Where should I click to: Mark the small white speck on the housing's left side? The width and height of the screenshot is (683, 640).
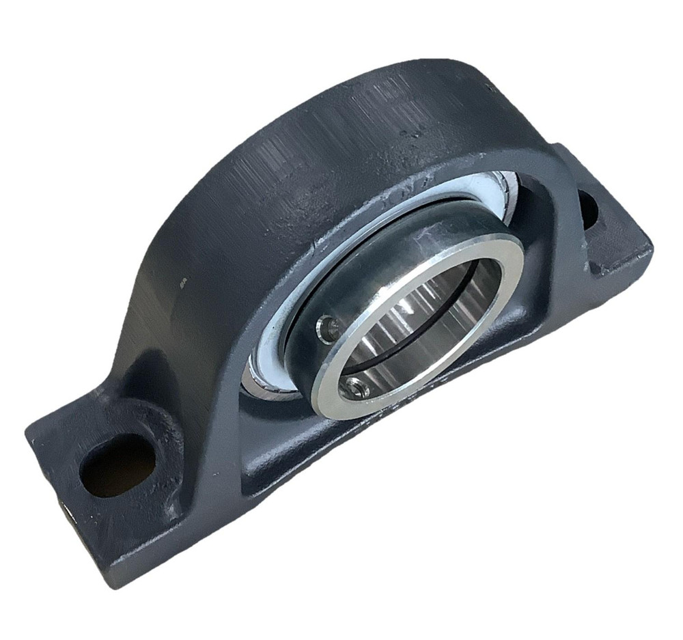point(183,280)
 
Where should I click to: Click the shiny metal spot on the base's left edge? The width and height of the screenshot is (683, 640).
point(66,509)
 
